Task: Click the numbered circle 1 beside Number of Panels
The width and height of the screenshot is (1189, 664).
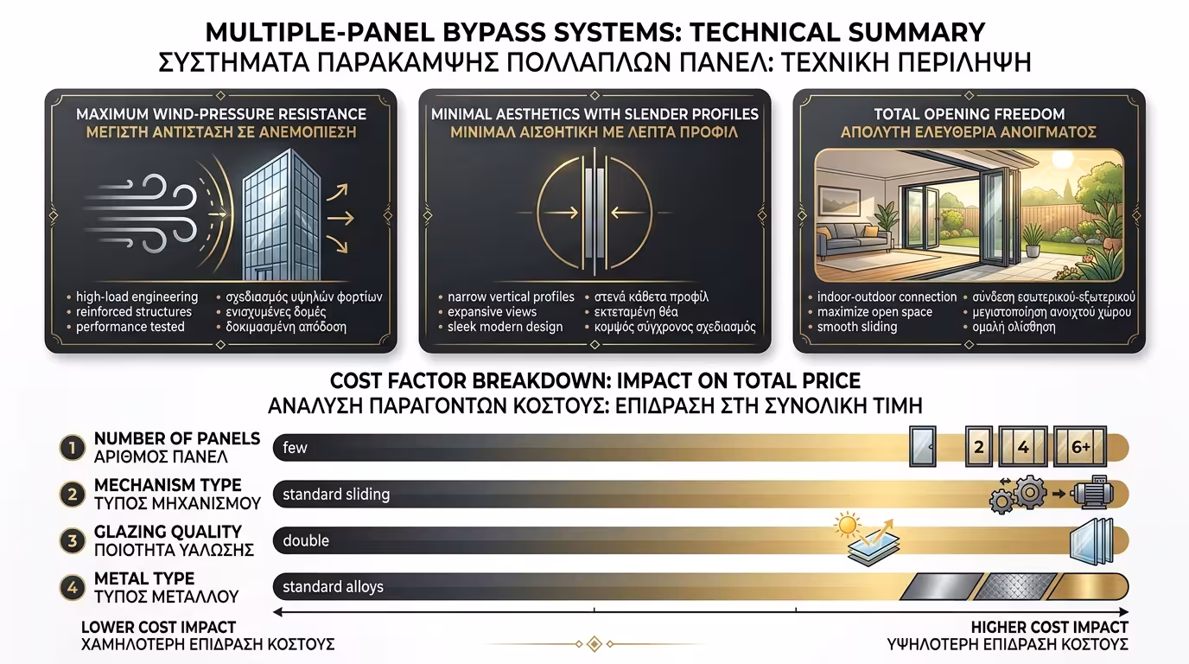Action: coord(73,448)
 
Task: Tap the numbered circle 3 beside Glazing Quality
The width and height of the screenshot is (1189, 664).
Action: coord(73,540)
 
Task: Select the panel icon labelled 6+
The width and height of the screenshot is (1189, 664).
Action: coord(1080,447)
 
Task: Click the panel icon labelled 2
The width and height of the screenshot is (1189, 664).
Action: coord(979,447)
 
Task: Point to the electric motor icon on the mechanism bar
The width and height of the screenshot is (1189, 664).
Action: coord(1091,493)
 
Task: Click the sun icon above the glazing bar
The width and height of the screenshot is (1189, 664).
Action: coord(847,526)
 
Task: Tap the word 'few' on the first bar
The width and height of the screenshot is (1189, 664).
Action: coord(296,447)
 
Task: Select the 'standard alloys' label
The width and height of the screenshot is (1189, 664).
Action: coord(333,586)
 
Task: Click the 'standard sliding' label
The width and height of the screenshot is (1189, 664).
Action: coord(336,494)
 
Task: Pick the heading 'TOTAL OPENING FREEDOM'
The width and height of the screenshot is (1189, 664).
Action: coord(970,114)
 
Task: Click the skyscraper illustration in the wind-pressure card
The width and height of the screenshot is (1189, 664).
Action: coord(282,214)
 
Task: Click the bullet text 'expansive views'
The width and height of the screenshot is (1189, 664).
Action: coord(492,312)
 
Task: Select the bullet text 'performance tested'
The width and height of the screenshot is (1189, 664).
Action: coord(130,327)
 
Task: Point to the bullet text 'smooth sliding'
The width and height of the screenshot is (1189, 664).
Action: coord(857,327)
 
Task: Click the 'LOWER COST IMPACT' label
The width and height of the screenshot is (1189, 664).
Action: coord(158,628)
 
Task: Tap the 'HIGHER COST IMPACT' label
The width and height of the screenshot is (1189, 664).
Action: coord(1049,628)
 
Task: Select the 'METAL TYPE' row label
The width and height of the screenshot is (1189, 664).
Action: coord(144,578)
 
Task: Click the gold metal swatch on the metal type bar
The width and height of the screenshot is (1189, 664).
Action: coord(1087,586)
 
